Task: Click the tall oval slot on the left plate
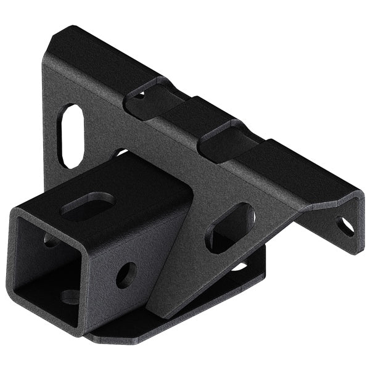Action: pyautogui.click(x=73, y=136)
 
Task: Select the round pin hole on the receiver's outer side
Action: pyautogui.click(x=126, y=275)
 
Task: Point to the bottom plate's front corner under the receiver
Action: pyautogui.click(x=92, y=337)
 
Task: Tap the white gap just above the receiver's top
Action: pyautogui.click(x=120, y=152)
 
